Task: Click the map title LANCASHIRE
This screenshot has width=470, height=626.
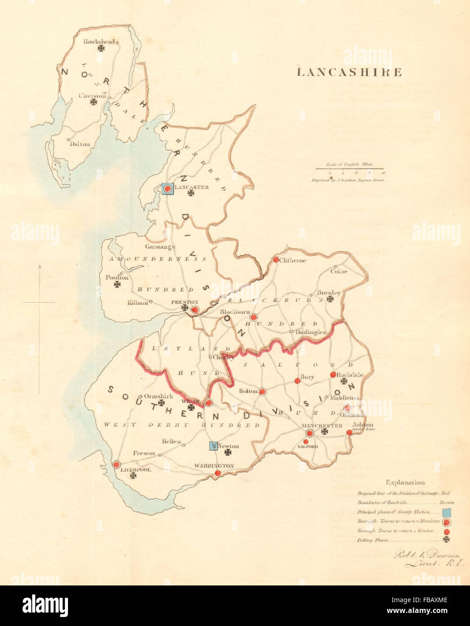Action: [x=349, y=73]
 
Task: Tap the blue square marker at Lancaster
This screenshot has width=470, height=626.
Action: [x=167, y=189]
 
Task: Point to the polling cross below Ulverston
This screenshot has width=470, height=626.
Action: [x=94, y=102]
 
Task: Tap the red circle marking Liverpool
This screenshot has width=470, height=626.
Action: [x=116, y=465]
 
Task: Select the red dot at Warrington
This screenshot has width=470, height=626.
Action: [x=218, y=473]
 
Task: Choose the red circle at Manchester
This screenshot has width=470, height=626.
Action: [x=310, y=433]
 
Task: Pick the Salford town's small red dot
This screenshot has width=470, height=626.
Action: [x=306, y=441]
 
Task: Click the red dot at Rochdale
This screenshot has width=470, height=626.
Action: [x=333, y=375]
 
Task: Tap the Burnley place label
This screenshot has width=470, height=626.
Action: [x=329, y=292]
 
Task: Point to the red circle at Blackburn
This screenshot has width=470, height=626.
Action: [x=254, y=317]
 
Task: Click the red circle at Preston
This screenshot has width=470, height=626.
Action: [x=195, y=310]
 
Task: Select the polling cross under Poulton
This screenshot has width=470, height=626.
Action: [x=117, y=285]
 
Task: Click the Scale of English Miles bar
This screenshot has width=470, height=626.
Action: [x=349, y=169]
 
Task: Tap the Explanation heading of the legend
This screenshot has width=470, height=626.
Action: [x=405, y=482]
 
